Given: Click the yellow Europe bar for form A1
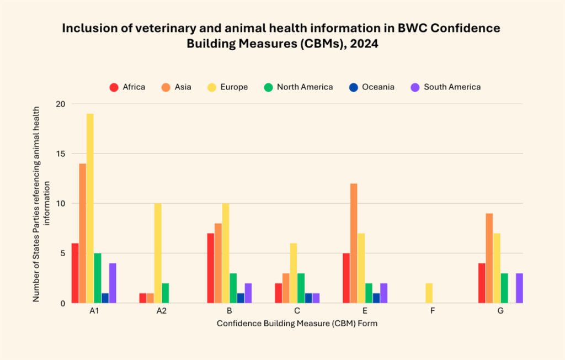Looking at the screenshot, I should pos(90,208).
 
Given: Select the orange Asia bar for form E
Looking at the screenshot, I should pos(354,243).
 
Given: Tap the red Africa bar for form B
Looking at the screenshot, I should pos(211,268).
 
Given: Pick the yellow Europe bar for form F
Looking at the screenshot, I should pos(429,293).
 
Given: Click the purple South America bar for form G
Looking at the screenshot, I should pos(519,288).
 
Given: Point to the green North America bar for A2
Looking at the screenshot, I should pos(166,293).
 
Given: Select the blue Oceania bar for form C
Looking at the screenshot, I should pos(308,298).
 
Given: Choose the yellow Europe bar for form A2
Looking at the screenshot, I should pos(158,253).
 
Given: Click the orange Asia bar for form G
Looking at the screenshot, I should pos(489,258).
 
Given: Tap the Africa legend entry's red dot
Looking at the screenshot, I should pos(114,87).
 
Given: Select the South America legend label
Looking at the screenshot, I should pos(452,87).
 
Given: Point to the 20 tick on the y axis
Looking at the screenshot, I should pos(60,104).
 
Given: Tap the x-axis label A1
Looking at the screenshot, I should pos(94,311).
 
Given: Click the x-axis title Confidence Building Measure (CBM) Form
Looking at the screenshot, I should pos(297,324).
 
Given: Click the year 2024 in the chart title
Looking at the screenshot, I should pos(361,45).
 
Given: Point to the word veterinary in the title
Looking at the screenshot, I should pos(140,28).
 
